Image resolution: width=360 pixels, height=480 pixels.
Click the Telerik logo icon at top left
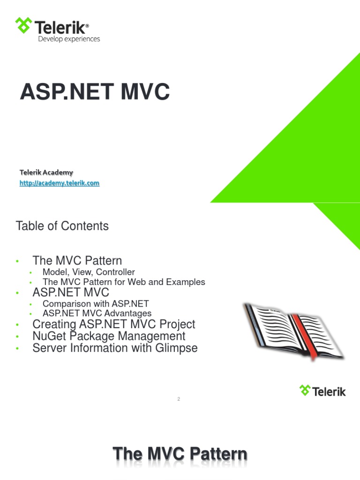coord(23,25)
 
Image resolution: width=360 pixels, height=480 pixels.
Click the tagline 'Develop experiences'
coord(69,39)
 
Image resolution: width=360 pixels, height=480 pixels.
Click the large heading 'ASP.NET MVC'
coord(94,92)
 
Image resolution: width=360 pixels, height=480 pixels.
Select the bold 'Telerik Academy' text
coord(46,172)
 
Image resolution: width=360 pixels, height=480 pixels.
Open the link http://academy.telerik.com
coord(59,183)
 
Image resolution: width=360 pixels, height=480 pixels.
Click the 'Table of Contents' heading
coord(62,226)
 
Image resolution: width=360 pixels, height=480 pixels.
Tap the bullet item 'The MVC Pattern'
coord(77,261)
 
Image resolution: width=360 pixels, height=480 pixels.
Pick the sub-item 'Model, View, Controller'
coord(89,272)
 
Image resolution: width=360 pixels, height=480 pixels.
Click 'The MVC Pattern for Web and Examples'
coord(124,282)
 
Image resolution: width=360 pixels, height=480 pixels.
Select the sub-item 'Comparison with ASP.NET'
coord(95,304)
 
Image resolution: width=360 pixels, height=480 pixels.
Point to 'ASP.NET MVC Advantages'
coord(97,313)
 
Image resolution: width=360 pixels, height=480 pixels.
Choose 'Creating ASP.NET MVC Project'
coord(113,324)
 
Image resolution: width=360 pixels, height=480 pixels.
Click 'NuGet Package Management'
coord(109,336)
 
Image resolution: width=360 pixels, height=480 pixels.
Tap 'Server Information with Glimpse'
coord(115,348)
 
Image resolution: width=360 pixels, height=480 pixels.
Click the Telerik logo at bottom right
coord(322,390)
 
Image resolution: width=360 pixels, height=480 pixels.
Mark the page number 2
coord(179,399)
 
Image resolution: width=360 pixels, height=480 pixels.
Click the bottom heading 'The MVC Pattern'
coord(180,454)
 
